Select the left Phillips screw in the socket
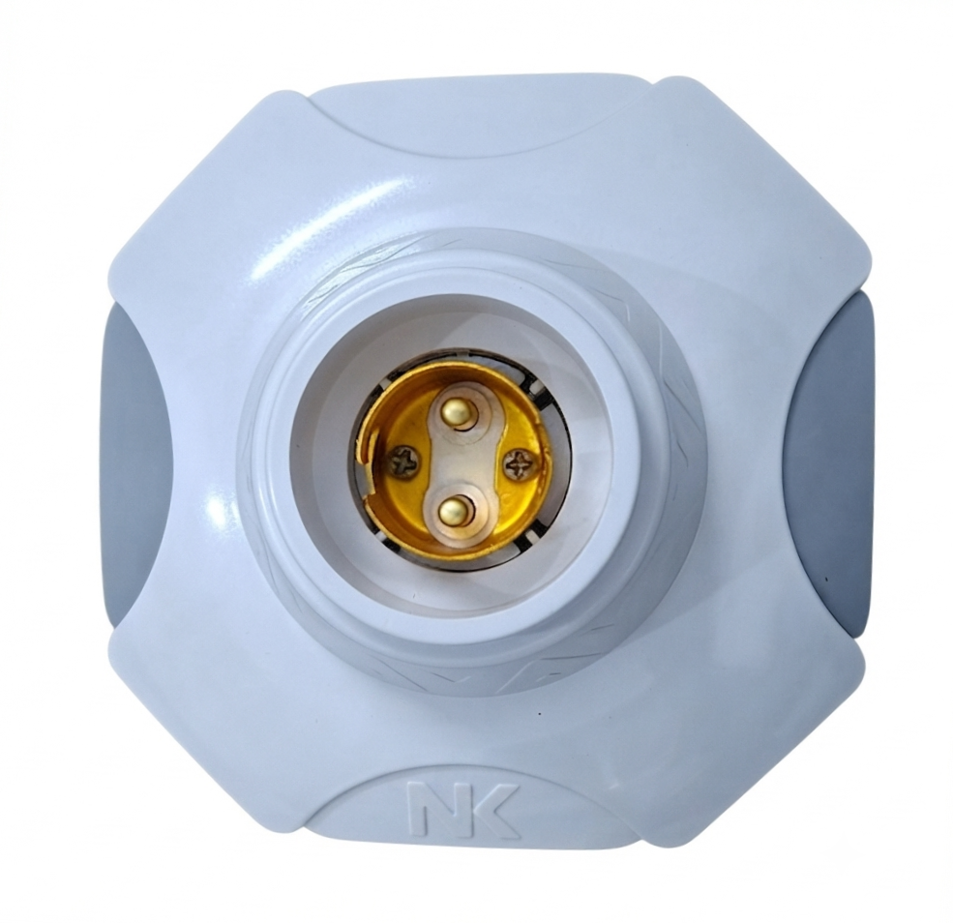pyautogui.click(x=402, y=461)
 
